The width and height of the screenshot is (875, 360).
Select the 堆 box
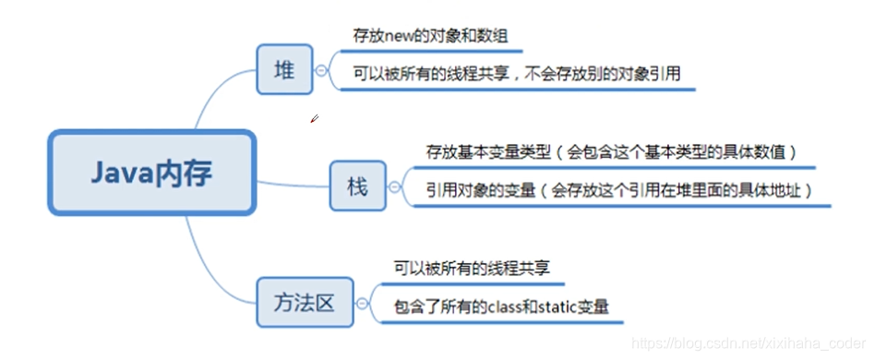284,69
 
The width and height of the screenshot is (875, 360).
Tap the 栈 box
358,187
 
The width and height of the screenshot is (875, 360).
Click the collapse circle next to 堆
321,70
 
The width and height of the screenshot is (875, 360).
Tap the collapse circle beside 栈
395,188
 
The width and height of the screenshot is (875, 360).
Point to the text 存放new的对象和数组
430,37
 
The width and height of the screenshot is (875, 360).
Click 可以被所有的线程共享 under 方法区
472,269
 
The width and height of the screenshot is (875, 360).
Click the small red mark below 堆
314,118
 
